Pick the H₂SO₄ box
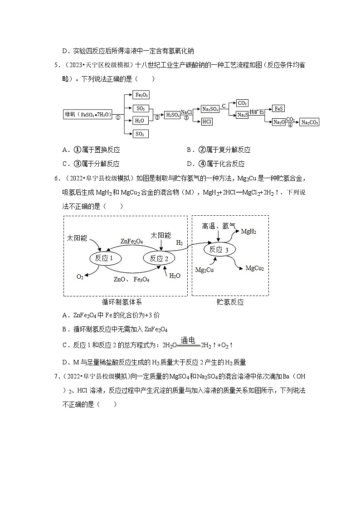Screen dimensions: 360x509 (x=172, y=115)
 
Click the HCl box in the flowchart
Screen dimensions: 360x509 (x=207, y=121)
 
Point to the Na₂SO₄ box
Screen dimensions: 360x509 (x=210, y=109)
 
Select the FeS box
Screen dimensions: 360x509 (x=279, y=109)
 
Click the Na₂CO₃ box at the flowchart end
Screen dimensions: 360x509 (x=310, y=122)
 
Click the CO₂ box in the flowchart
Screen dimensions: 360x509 (x=242, y=103)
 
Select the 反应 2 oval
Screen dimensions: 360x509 (x=159, y=258)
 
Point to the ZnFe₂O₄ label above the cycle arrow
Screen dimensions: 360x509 (x=131, y=242)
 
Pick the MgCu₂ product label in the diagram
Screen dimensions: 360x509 (x=254, y=269)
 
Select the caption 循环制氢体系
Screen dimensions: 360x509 (x=125, y=302)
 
